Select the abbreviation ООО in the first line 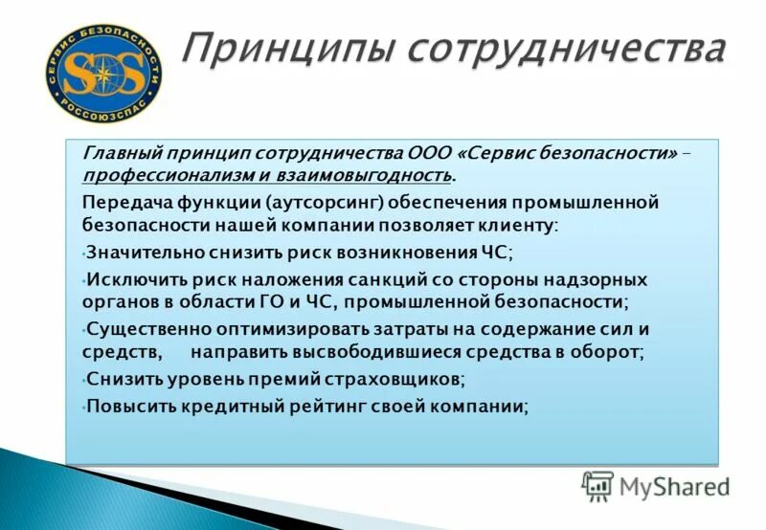click(x=428, y=153)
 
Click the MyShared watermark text click(x=674, y=487)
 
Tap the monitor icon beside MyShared click(x=597, y=487)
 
